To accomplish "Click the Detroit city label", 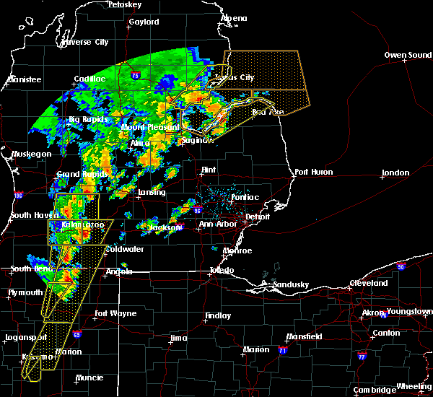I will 257,217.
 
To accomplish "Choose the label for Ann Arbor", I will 216,224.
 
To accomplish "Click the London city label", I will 395,173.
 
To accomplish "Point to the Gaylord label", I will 144,22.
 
